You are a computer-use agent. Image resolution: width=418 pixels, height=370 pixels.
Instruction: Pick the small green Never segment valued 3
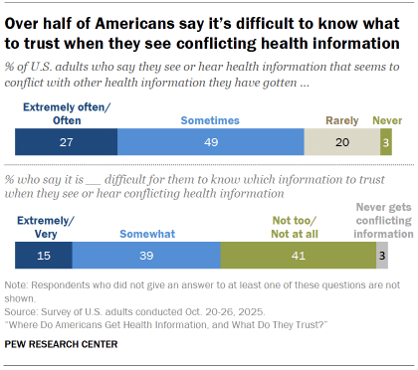pos(385,143)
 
